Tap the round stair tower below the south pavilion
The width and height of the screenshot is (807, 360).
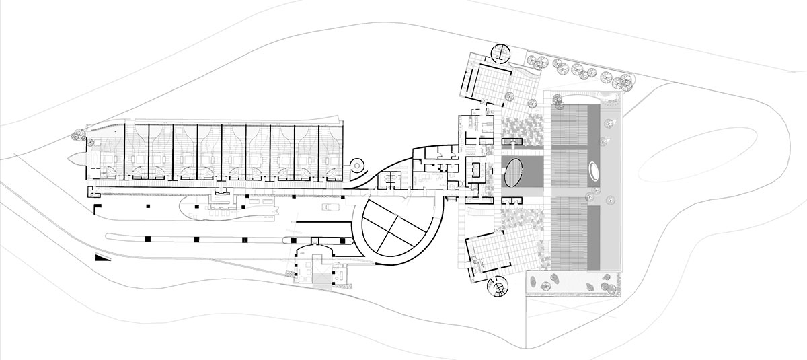(x=498, y=288)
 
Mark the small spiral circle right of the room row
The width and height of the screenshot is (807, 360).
(x=357, y=164)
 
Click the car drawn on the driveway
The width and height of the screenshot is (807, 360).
(x=332, y=207)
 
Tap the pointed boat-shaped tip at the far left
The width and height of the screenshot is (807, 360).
(x=75, y=159)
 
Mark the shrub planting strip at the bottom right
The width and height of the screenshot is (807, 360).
(x=572, y=283)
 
